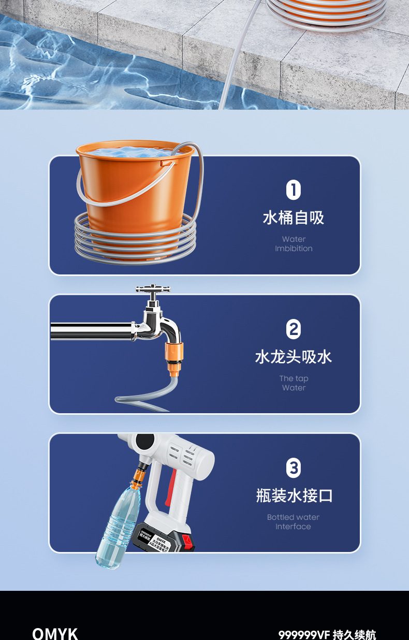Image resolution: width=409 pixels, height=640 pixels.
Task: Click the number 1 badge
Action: coord(294,191)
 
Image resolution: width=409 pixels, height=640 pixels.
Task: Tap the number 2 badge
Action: coord(294,329)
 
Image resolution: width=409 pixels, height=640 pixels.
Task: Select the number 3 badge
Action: coord(294,468)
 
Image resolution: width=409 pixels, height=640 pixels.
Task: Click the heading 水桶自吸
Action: coord(294,217)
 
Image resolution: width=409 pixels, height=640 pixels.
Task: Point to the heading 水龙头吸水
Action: coord(294,357)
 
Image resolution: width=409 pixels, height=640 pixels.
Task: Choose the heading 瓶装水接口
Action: coord(294,496)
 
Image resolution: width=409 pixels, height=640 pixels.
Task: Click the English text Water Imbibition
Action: coord(294,244)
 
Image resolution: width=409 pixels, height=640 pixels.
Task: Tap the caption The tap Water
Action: coord(294,383)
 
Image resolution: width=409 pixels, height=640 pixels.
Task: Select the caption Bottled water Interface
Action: coord(294,522)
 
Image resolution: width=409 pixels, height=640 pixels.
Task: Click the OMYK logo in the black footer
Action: coord(55,634)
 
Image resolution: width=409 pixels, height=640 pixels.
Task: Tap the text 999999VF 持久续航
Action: coord(327,634)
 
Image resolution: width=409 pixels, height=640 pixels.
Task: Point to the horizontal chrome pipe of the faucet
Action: coord(91,331)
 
